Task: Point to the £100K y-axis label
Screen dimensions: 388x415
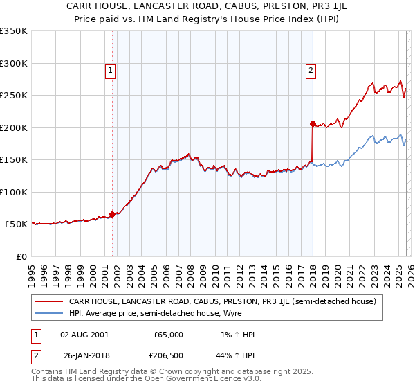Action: tap(14, 192)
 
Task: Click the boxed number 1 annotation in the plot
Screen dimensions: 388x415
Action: tap(111, 69)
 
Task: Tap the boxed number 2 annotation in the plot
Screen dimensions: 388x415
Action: tap(311, 69)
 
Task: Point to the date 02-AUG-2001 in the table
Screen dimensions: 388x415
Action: tap(84, 335)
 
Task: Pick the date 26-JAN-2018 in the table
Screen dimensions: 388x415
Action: tap(84, 357)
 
